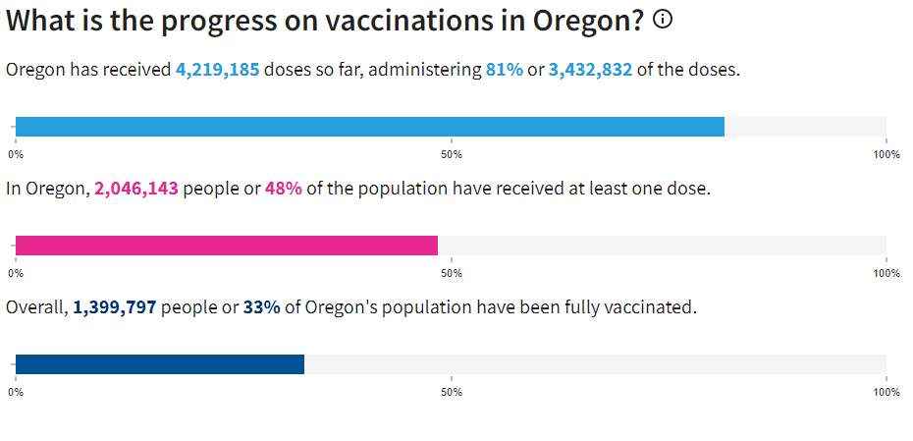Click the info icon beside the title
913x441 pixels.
click(x=663, y=20)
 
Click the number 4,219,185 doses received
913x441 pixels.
click(x=217, y=70)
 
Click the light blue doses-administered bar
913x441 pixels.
click(x=369, y=127)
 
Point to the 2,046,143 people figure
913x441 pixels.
click(x=136, y=188)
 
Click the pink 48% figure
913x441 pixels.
click(x=283, y=188)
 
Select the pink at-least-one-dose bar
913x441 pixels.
click(x=226, y=246)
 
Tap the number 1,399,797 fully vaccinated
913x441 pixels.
click(x=114, y=307)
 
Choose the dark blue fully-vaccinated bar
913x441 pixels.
click(x=159, y=364)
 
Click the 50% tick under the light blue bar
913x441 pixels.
click(x=451, y=154)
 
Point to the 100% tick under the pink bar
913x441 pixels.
click(x=886, y=273)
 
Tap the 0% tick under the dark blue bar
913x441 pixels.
click(x=16, y=392)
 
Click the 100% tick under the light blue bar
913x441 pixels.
click(x=886, y=154)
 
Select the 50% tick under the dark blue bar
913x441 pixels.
click(x=451, y=392)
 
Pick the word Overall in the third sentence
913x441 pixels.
click(x=36, y=307)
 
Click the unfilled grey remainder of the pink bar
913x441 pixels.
click(x=662, y=246)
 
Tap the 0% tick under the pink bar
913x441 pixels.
click(x=16, y=273)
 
